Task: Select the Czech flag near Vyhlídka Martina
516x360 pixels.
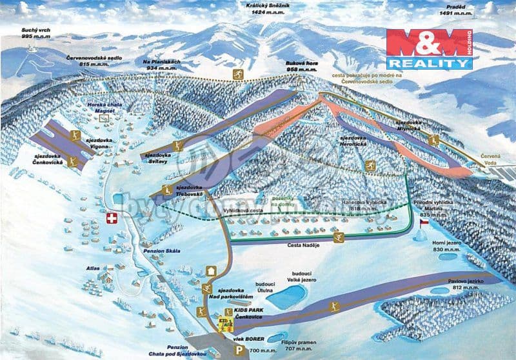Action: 424,222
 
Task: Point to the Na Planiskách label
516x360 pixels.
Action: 159,64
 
